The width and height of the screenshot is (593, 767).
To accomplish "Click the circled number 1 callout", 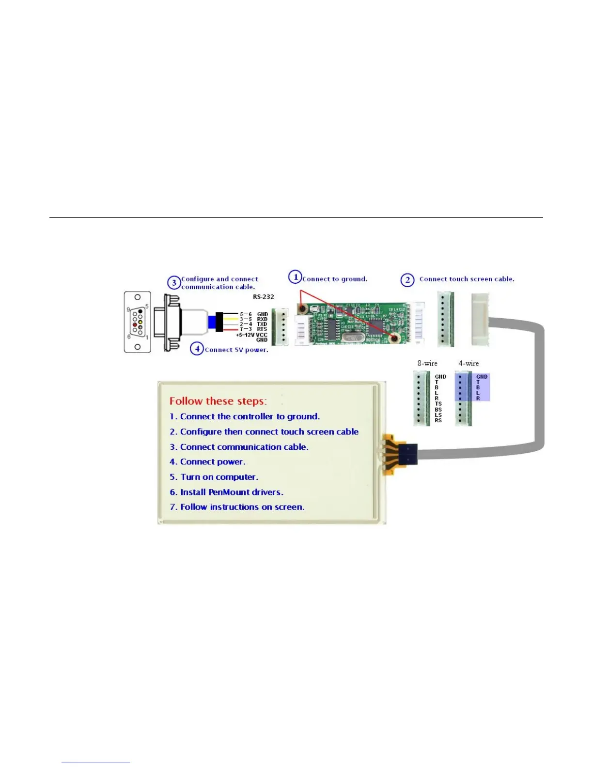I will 295,277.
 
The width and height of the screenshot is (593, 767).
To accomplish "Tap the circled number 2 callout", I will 407,280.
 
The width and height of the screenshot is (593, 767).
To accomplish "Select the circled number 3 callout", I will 174,283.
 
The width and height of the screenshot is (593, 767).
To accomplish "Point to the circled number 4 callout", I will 197,349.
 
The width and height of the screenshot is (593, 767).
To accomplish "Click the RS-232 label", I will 264,297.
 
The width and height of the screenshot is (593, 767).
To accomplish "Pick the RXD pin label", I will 262,320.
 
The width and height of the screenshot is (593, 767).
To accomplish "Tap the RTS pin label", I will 262,329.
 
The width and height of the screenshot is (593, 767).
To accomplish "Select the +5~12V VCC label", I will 251,335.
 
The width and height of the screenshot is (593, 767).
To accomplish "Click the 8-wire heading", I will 427,364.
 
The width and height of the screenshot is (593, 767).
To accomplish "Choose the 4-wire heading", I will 468,364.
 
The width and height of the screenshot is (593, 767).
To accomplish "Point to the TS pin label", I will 438,404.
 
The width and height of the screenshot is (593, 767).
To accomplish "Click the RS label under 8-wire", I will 438,420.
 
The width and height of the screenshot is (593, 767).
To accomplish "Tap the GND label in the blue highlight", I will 482,377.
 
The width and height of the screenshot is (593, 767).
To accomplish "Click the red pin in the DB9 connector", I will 135,324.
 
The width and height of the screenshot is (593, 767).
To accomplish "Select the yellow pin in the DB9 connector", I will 140,322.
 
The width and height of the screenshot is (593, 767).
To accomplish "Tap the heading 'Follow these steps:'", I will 218,401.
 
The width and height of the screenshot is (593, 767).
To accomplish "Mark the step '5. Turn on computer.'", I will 214,477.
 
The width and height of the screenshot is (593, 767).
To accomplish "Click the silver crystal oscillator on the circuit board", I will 352,337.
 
